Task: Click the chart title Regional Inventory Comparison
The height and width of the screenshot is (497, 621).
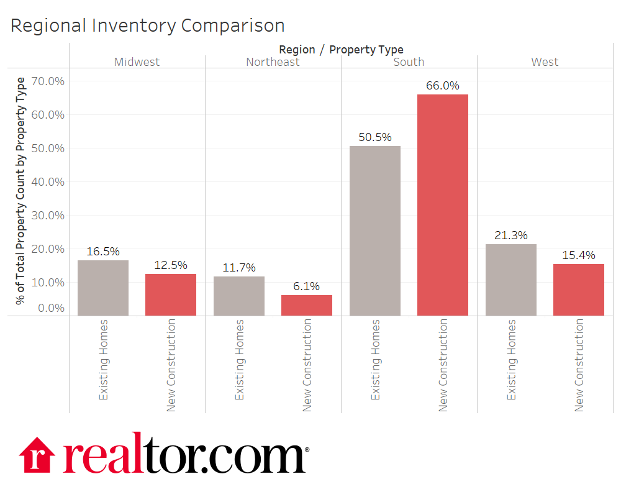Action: (148, 25)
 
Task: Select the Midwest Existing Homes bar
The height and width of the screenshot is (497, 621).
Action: (103, 288)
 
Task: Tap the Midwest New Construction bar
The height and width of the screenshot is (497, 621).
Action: (171, 294)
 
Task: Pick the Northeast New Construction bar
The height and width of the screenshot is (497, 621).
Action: (307, 305)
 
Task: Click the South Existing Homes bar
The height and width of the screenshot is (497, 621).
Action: (375, 230)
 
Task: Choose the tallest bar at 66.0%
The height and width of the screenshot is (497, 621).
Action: (443, 205)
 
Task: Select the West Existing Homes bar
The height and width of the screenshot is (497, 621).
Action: (511, 280)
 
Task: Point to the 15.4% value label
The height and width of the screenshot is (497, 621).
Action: (579, 255)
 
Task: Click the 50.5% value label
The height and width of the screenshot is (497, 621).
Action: (375, 137)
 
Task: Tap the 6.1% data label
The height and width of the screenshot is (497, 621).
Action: (307, 286)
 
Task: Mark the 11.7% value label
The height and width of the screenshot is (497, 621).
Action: (239, 268)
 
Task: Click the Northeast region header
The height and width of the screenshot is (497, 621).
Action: (273, 62)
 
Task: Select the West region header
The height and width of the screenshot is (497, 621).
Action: (545, 62)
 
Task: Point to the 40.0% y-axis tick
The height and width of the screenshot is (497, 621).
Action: (48, 182)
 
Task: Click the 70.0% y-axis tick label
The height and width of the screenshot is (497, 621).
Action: (48, 81)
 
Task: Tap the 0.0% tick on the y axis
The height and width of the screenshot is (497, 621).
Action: (50, 308)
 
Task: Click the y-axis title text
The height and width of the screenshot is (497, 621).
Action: (22, 191)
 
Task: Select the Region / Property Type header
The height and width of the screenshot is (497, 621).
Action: (341, 50)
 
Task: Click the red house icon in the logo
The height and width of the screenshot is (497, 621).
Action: (38, 455)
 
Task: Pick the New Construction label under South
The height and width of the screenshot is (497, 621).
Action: (443, 365)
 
